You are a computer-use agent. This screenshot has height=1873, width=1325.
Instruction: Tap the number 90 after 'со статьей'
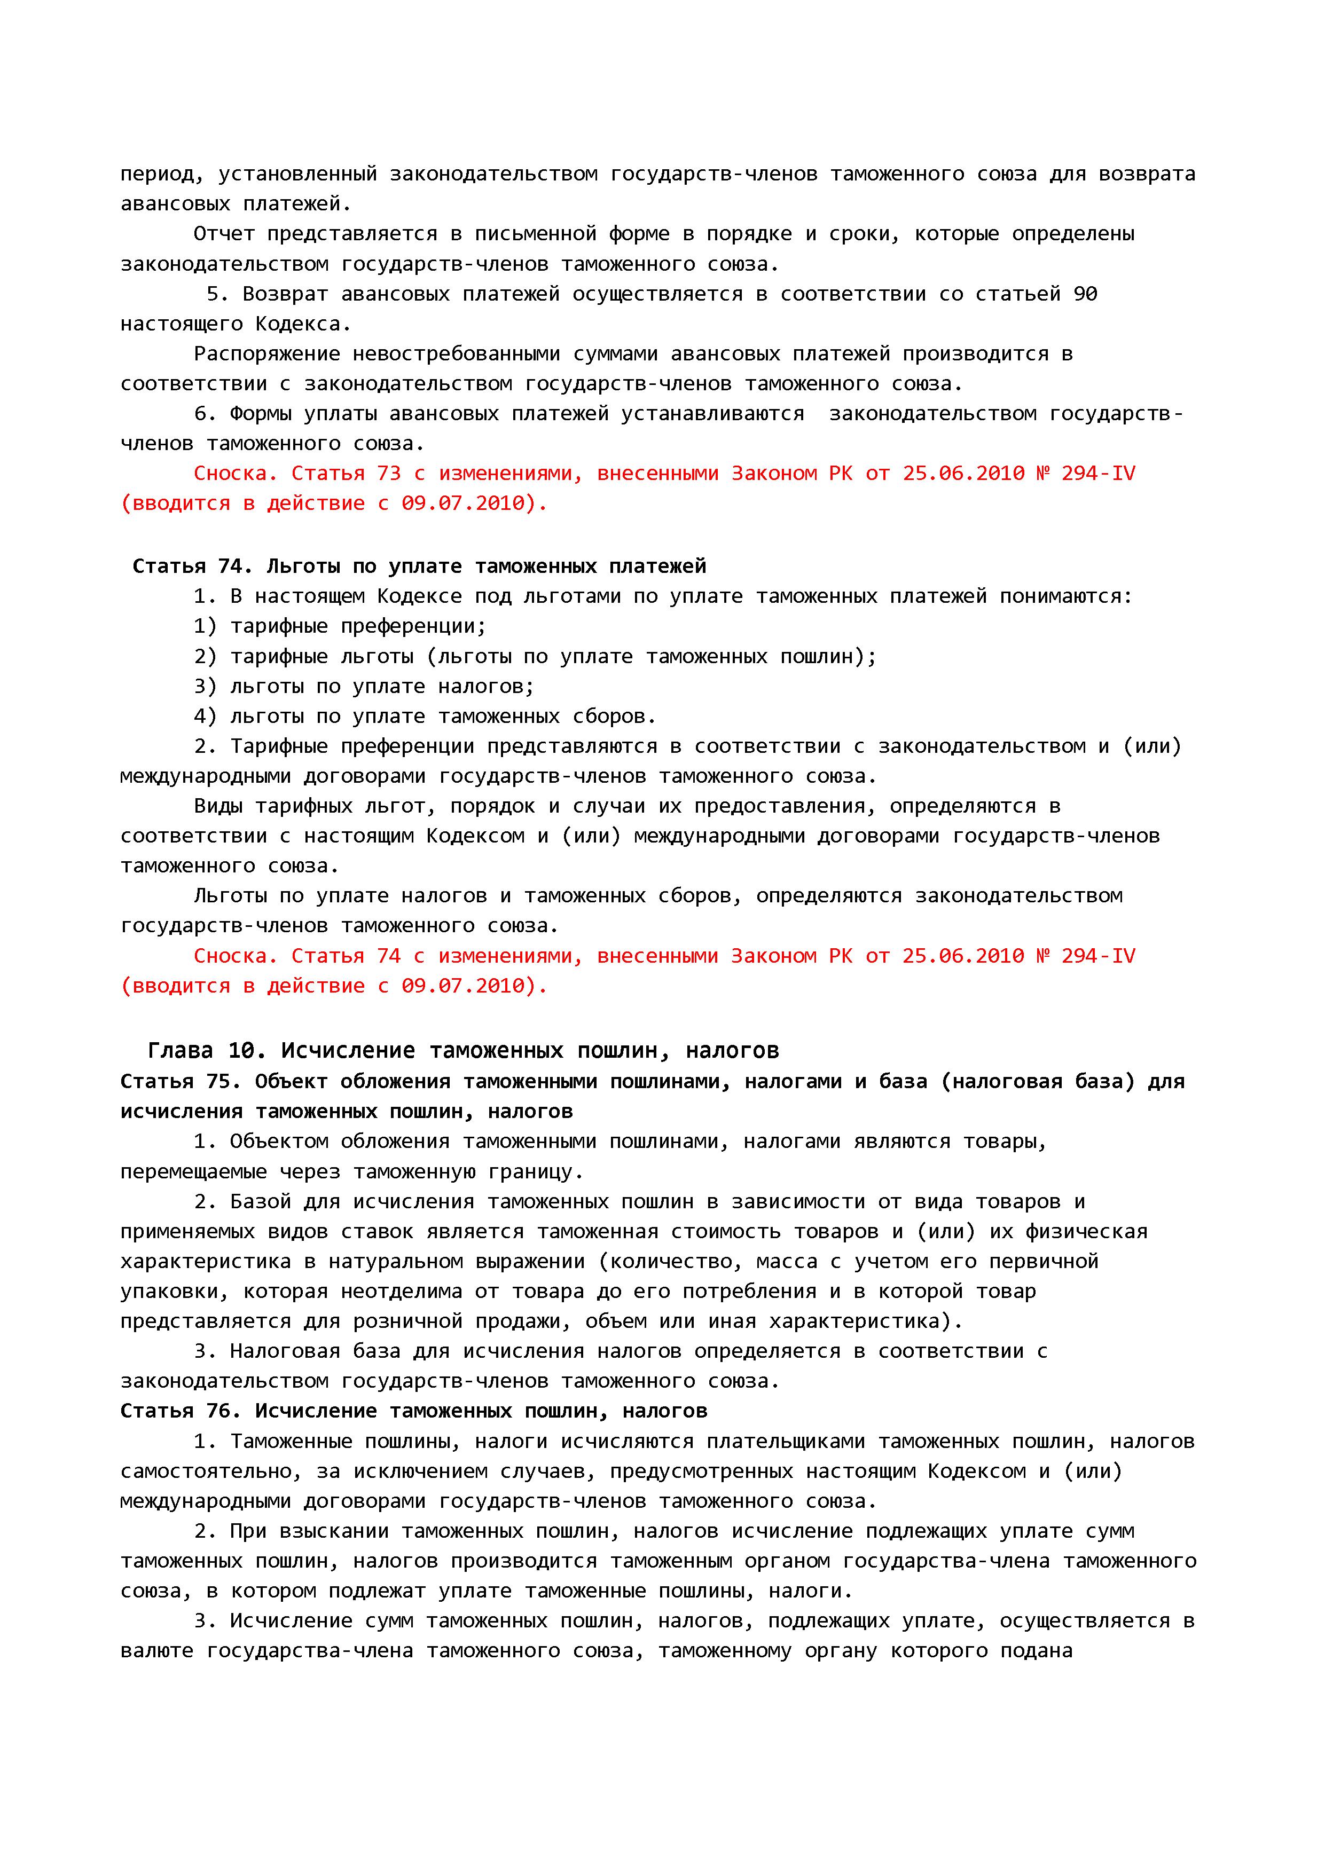coord(1085,294)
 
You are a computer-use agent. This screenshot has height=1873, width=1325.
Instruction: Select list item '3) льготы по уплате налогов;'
coord(364,686)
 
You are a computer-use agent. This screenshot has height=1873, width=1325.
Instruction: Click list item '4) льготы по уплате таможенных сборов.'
coord(424,716)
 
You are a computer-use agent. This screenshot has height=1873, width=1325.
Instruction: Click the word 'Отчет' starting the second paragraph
coord(224,234)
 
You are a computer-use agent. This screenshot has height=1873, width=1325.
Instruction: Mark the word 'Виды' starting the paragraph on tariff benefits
coord(218,806)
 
